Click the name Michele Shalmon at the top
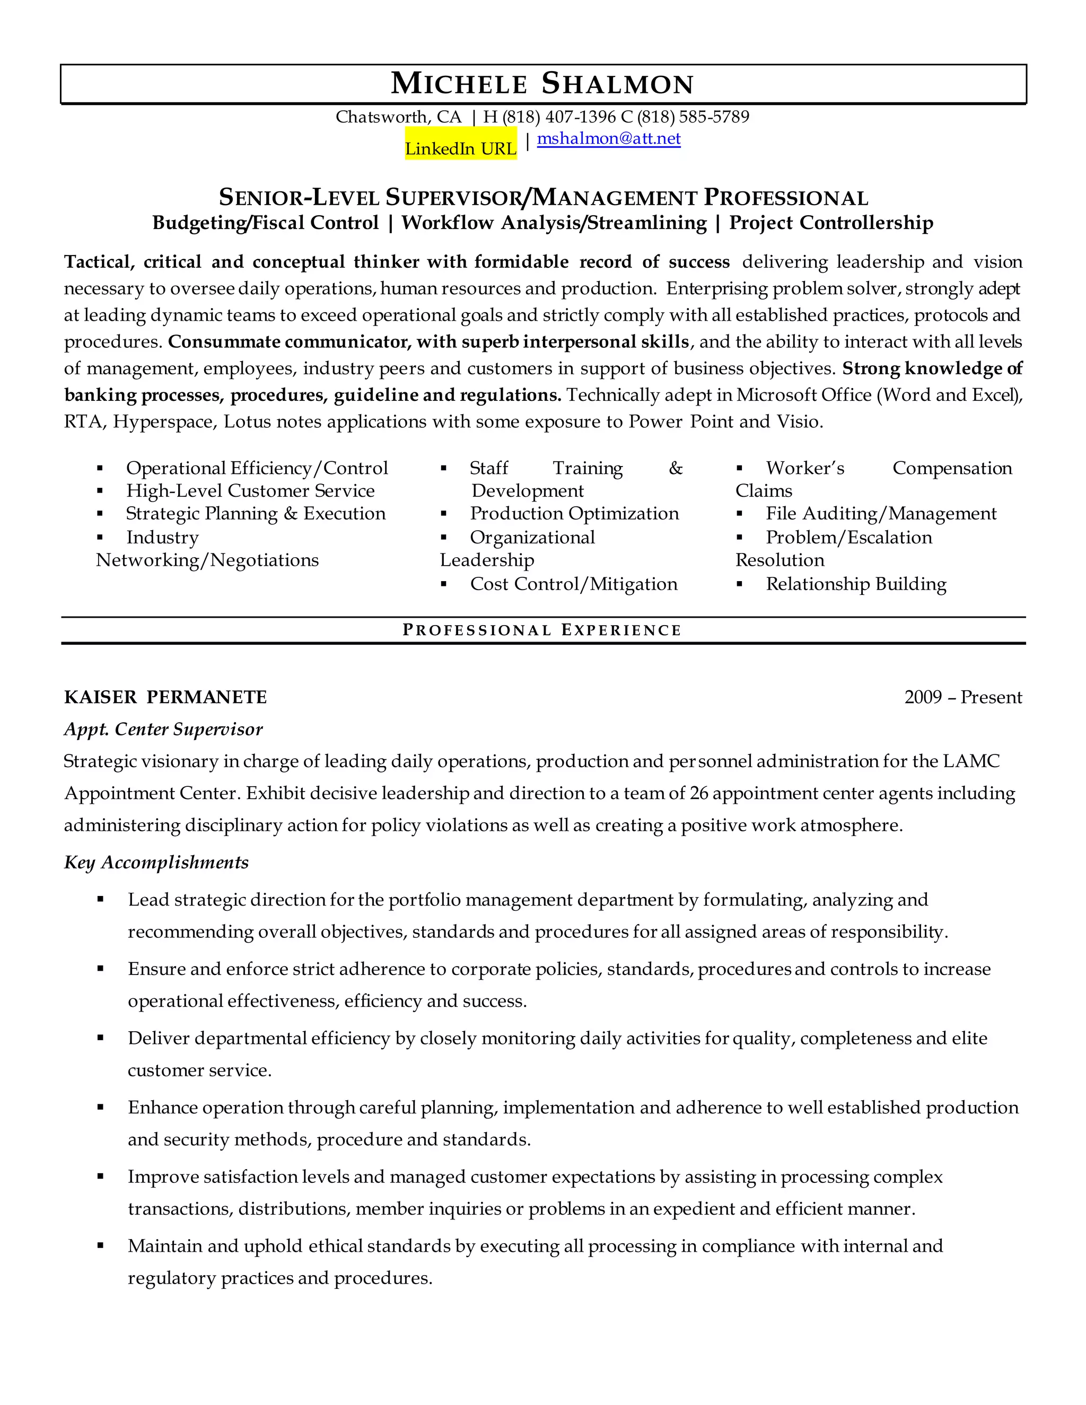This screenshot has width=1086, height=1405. pyautogui.click(x=542, y=84)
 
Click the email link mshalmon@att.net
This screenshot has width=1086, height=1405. pyautogui.click(x=609, y=138)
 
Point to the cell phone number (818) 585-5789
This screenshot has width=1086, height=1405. pyautogui.click(x=693, y=117)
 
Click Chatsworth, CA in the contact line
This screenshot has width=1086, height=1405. pyautogui.click(x=398, y=117)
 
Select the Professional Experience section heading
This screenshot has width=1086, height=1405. pyautogui.click(x=542, y=630)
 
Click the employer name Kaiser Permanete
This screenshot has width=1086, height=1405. pyautogui.click(x=165, y=697)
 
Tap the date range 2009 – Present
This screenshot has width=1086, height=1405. pyautogui.click(x=962, y=697)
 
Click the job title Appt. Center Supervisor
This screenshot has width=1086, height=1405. pyautogui.click(x=163, y=729)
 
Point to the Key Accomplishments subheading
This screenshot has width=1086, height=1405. pyautogui.click(x=156, y=862)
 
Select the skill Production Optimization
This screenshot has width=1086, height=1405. pyautogui.click(x=574, y=513)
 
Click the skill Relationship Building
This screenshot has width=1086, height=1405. pyautogui.click(x=856, y=584)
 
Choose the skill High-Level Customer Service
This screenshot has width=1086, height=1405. pyautogui.click(x=250, y=491)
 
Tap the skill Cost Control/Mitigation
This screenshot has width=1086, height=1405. pyautogui.click(x=573, y=584)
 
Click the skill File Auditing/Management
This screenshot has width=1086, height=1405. pyautogui.click(x=881, y=513)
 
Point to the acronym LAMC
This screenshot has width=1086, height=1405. pyautogui.click(x=971, y=761)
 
